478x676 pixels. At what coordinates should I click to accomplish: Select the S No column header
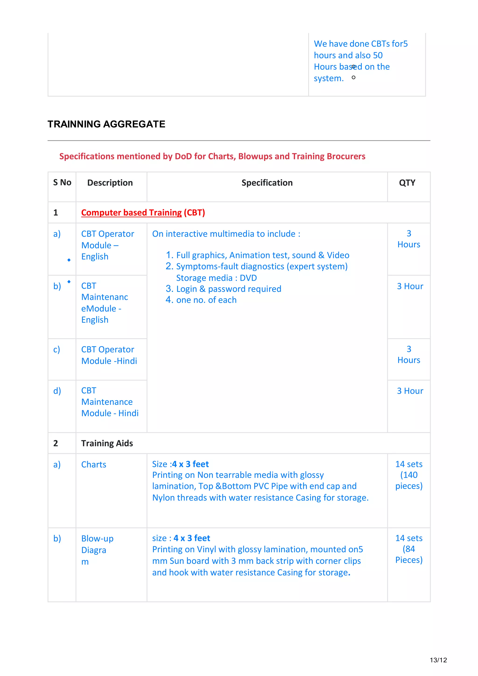(62, 183)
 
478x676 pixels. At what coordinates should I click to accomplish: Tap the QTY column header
(407, 183)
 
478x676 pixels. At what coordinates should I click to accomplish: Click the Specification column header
(267, 183)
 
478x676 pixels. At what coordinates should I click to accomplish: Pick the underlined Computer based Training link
(131, 213)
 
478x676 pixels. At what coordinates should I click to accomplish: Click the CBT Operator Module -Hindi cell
(109, 355)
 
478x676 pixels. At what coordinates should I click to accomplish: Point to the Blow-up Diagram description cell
(97, 550)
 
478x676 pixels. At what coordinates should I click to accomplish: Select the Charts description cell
(94, 465)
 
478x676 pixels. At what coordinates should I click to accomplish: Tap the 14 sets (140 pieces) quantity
(408, 475)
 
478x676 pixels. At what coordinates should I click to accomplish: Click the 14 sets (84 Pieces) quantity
(408, 549)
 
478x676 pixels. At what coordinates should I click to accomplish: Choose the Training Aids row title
(107, 443)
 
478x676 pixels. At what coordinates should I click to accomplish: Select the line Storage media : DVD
(216, 278)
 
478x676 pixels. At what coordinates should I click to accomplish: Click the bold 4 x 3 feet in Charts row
(190, 464)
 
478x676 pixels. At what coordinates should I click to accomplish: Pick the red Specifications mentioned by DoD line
(212, 156)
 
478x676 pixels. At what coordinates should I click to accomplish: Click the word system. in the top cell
(328, 78)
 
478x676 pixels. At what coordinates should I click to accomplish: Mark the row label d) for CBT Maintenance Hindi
(57, 391)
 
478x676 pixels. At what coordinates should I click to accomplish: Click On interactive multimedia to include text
(226, 234)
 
